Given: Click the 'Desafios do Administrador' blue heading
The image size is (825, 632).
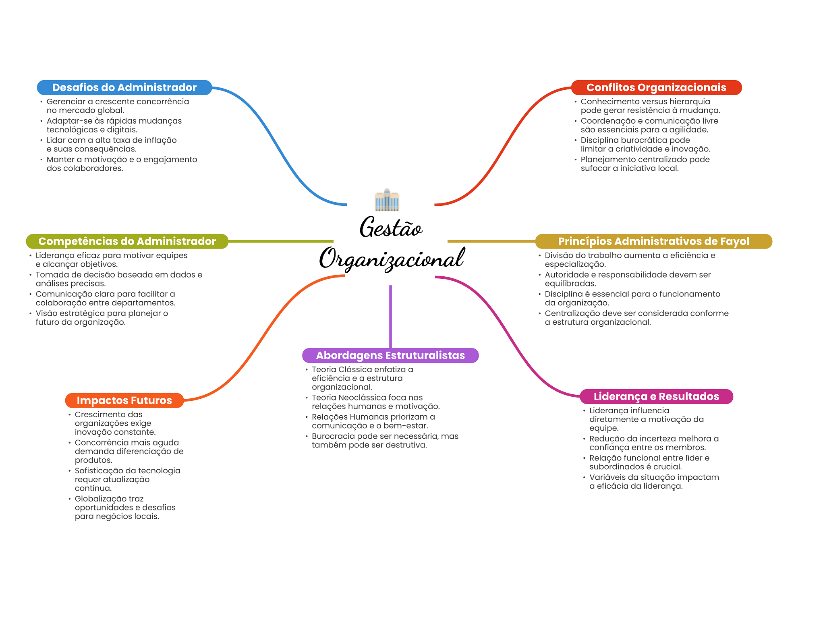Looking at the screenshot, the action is click(x=124, y=87).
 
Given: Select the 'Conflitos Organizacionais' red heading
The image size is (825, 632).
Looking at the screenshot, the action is click(x=656, y=87).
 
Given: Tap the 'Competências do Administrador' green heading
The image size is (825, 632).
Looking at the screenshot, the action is click(x=127, y=241).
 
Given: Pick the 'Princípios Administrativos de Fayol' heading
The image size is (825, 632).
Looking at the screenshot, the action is click(x=653, y=241).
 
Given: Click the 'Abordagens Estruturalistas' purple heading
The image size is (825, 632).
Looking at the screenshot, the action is click(x=390, y=355).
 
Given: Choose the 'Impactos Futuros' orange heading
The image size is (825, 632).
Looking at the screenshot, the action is click(x=124, y=400).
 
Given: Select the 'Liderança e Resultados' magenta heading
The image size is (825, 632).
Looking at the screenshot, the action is click(x=656, y=396).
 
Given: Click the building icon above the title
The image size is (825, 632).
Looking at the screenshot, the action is click(x=387, y=200).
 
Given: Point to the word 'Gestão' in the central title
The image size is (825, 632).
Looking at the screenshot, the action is click(x=391, y=227).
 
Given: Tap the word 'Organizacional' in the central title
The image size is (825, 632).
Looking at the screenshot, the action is click(x=392, y=258).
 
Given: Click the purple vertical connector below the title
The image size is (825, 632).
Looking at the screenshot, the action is click(x=390, y=317).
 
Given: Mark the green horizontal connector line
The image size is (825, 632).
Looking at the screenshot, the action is click(x=281, y=241).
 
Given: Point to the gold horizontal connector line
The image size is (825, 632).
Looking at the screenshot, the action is click(x=491, y=241).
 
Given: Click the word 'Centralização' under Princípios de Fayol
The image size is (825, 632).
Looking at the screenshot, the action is click(x=571, y=314).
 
